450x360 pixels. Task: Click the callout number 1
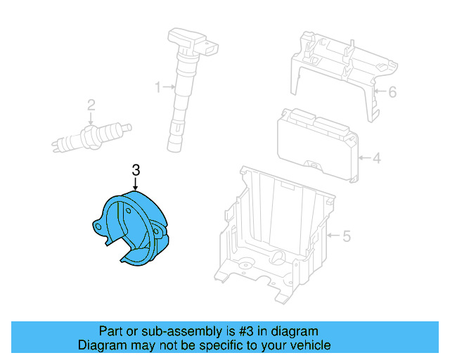click(158, 87)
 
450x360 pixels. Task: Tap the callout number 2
click(91, 105)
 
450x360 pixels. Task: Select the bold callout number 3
click(136, 169)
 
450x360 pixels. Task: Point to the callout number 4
click(376, 158)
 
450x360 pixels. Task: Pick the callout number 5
click(346, 236)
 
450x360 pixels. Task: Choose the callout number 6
click(392, 91)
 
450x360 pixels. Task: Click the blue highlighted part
click(134, 229)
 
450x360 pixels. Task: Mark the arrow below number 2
click(91, 120)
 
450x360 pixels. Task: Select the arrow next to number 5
click(333, 236)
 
